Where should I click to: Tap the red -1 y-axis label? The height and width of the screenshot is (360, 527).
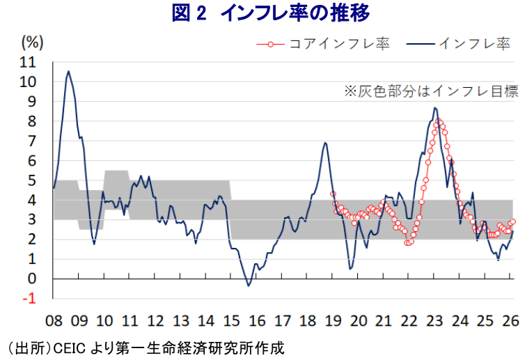coord(30,299)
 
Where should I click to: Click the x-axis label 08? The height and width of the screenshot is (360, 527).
coord(54,321)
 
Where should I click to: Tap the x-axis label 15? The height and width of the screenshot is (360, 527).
coord(232,321)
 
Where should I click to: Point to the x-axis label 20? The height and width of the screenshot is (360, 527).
coord(359,321)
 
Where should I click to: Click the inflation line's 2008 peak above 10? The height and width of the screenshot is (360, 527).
coord(68,71)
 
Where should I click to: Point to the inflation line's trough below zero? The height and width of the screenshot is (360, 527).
coord(249,285)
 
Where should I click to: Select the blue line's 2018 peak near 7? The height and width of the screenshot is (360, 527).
coord(325,143)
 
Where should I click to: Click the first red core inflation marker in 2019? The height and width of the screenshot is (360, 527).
coord(333,194)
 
